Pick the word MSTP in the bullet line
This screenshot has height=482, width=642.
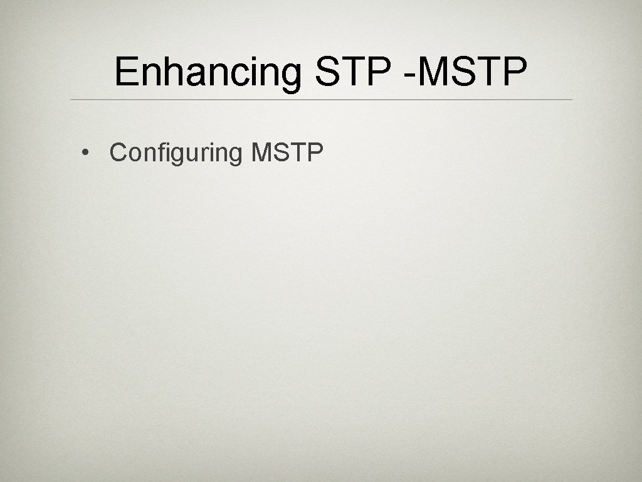287,152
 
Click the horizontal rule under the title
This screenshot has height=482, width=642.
321,100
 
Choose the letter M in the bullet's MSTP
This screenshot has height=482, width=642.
261,152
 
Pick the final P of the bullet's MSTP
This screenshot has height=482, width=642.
315,152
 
